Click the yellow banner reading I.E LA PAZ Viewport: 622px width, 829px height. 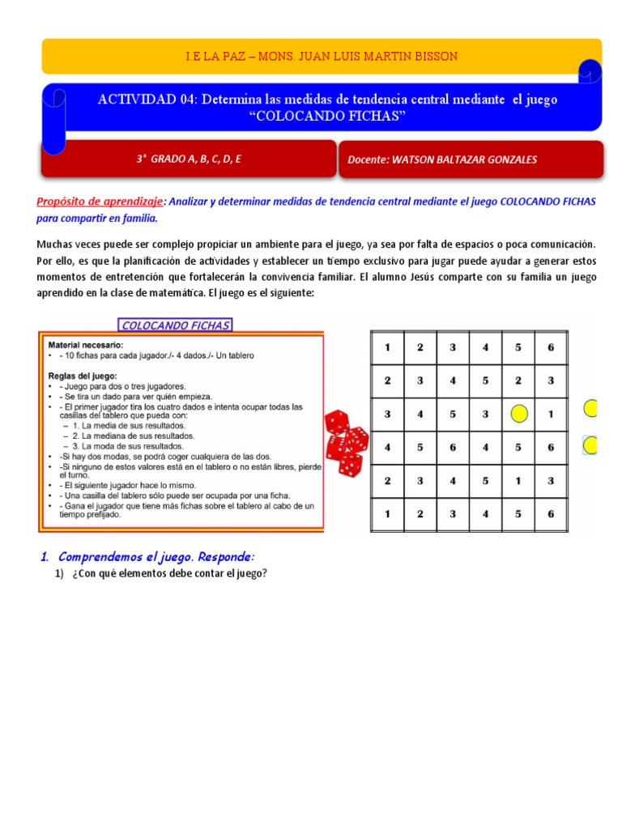(322, 56)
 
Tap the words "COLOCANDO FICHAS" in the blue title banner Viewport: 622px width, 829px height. (328, 116)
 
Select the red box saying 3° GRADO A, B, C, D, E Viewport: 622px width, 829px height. (189, 159)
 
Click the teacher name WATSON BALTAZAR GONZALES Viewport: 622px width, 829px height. (441, 159)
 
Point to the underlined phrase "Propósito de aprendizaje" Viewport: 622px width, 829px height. (100, 202)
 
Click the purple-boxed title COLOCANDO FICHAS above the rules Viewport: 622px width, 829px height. (175, 325)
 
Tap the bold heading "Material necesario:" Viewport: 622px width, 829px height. (86, 344)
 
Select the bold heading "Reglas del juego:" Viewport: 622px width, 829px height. (83, 376)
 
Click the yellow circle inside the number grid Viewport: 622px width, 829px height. (518, 414)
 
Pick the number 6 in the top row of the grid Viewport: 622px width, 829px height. (551, 348)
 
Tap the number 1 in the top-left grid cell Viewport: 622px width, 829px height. (387, 348)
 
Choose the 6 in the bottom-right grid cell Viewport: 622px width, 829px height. (551, 513)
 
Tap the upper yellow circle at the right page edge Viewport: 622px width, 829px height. (591, 409)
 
